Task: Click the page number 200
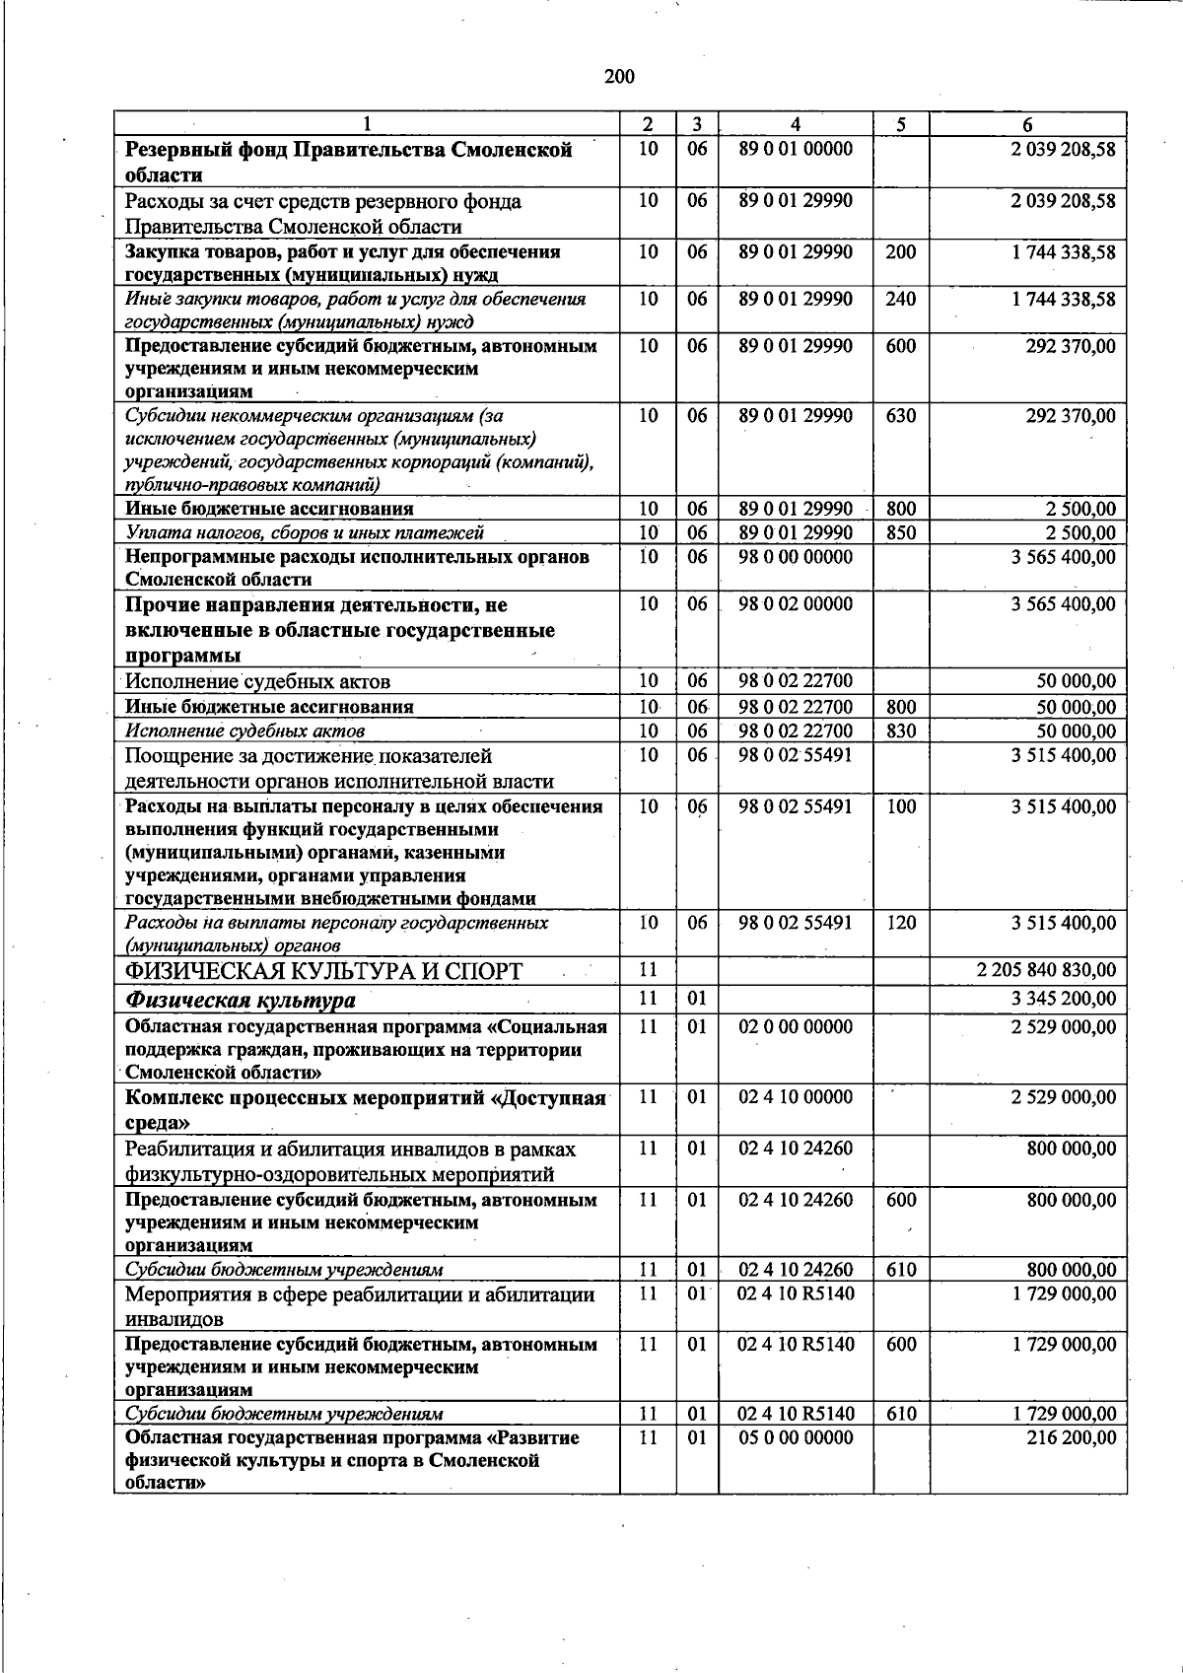pyautogui.click(x=619, y=77)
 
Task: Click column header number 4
pyautogui.click(x=795, y=124)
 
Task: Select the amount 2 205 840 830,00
pyautogui.click(x=1046, y=970)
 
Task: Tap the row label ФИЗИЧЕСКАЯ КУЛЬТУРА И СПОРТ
pyautogui.click(x=323, y=972)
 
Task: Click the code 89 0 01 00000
pyautogui.click(x=795, y=149)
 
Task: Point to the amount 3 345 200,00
pyautogui.click(x=1063, y=998)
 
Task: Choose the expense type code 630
pyautogui.click(x=900, y=416)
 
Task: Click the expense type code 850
pyautogui.click(x=900, y=533)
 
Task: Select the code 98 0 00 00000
pyautogui.click(x=795, y=557)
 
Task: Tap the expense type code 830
pyautogui.click(x=900, y=732)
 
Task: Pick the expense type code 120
pyautogui.click(x=900, y=923)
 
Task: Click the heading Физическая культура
pyautogui.click(x=241, y=1000)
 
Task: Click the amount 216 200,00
pyautogui.click(x=1071, y=1437)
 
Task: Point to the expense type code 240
pyautogui.click(x=900, y=299)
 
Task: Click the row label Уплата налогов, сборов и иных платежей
pyautogui.click(x=305, y=533)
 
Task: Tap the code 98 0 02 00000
pyautogui.click(x=795, y=603)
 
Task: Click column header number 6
pyautogui.click(x=1027, y=124)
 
